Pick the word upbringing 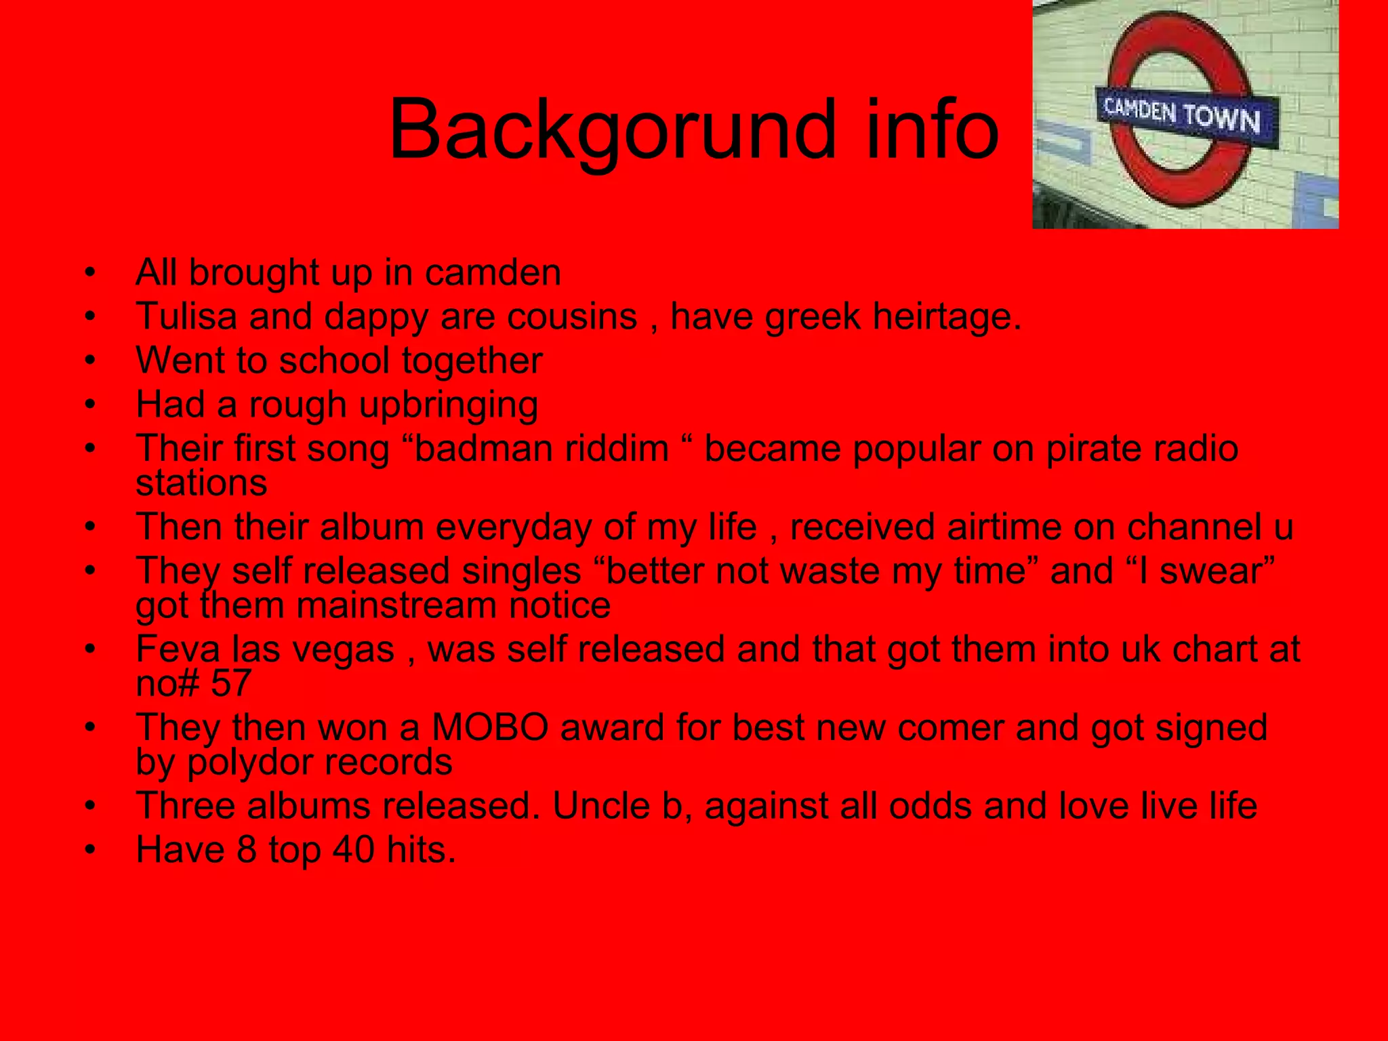click(x=448, y=405)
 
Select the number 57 click(x=230, y=683)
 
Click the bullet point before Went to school click(x=91, y=361)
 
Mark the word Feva click(x=178, y=649)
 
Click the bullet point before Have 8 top click(x=91, y=850)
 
